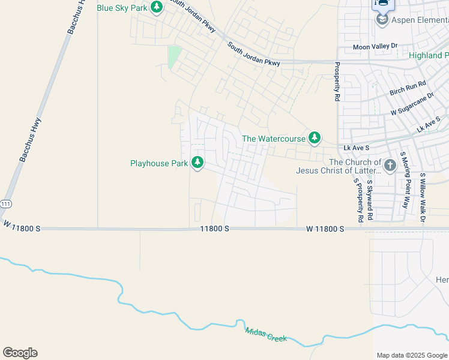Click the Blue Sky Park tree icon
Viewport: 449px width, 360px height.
[x=157, y=7]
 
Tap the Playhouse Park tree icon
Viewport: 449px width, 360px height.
[x=197, y=163]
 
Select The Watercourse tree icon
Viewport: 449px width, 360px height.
[x=314, y=139]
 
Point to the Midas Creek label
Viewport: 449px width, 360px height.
[x=265, y=335]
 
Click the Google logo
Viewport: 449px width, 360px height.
[x=20, y=353]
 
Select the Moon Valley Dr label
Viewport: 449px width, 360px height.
[x=375, y=46]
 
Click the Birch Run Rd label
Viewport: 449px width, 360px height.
[x=408, y=88]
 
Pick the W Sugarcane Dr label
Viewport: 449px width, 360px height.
[x=412, y=104]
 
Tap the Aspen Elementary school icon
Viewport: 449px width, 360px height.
[x=382, y=20]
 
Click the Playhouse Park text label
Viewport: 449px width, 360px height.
[x=159, y=163]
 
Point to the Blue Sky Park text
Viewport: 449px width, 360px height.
[x=122, y=8]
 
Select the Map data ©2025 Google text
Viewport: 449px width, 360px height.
[x=411, y=355]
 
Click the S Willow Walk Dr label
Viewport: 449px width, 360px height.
[x=423, y=198]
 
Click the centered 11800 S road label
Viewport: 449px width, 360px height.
[x=215, y=229]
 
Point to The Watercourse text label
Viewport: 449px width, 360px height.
[x=274, y=139]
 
